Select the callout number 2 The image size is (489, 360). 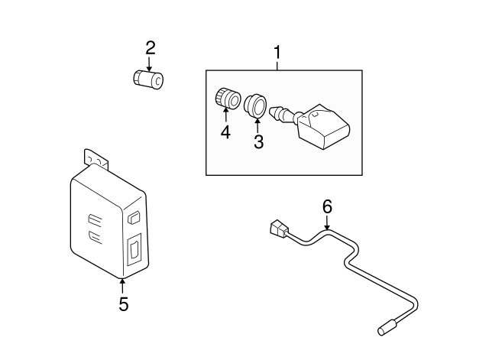pos(151,48)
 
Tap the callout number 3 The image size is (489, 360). pos(258,141)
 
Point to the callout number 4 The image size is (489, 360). pos(225,132)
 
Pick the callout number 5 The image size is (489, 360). pos(123,304)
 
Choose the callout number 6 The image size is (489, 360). pos(327,206)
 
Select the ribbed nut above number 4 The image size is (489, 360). pos(225,99)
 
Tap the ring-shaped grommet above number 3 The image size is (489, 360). pos(254,103)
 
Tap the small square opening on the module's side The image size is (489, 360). pos(134,217)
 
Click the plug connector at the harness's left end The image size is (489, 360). pos(279,229)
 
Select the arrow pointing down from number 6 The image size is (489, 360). pos(327,223)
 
